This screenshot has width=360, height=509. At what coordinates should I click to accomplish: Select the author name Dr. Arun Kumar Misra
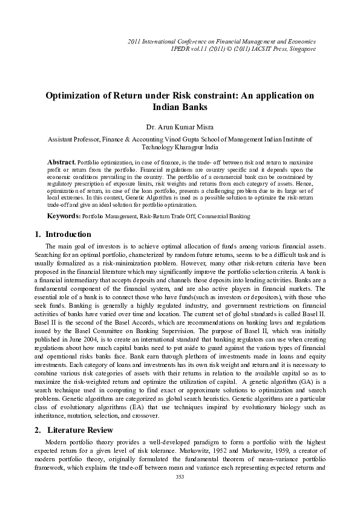tap(180, 126)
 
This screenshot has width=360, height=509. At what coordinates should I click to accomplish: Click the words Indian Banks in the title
tap(180, 107)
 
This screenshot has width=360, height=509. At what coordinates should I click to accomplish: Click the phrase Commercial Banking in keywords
tap(226, 216)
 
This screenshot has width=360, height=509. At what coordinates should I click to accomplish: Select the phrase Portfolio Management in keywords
tap(103, 216)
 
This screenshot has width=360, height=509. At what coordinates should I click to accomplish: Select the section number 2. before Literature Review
tap(34, 430)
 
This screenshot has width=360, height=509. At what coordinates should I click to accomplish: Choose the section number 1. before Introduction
tap(34, 234)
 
